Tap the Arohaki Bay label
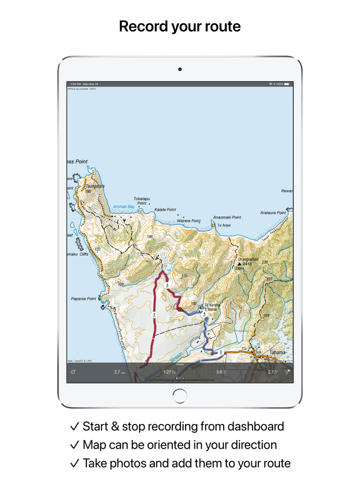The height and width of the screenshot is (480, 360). point(123,207)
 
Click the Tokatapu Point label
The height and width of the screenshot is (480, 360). point(141,201)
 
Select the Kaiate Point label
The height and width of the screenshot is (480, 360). point(165,210)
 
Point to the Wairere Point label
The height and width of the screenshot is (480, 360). point(188,221)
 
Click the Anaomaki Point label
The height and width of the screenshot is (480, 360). point(227,217)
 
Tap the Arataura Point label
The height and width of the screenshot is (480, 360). point(273,213)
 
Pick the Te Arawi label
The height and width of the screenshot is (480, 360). point(224,226)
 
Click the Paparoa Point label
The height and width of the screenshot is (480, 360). point(83,299)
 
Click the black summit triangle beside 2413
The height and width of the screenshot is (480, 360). point(239,264)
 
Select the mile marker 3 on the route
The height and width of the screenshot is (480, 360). point(167,285)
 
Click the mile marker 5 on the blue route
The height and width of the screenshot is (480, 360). point(221,353)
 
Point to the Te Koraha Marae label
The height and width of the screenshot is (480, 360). point(212,307)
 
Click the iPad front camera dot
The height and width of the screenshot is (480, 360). point(180,69)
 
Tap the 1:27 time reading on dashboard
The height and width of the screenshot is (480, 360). point(168,372)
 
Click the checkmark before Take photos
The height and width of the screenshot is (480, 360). point(75,463)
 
